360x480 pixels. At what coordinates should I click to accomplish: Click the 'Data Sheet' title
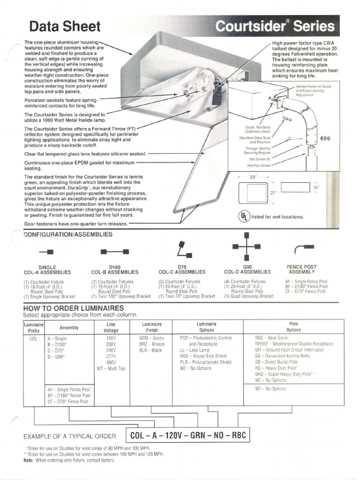tap(65, 26)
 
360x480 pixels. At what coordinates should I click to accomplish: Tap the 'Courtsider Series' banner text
tap(275, 26)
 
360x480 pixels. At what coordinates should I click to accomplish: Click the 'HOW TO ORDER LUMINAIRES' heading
tap(74, 308)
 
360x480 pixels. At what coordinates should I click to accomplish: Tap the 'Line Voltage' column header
tap(111, 327)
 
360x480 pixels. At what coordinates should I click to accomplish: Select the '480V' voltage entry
tap(111, 362)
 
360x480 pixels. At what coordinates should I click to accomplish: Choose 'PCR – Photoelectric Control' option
tap(206, 337)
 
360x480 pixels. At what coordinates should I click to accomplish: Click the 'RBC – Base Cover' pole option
tap(271, 337)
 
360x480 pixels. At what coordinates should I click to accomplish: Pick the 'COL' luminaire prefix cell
tap(33, 337)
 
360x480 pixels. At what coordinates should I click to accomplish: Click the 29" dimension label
tap(253, 178)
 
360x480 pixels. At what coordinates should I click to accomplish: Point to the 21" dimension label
tap(273, 193)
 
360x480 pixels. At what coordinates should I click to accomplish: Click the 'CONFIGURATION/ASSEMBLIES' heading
tap(68, 234)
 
